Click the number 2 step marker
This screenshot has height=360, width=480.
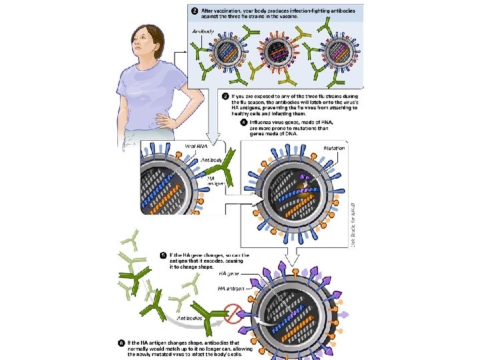pos(195,11)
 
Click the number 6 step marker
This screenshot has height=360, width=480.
pos(121,342)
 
